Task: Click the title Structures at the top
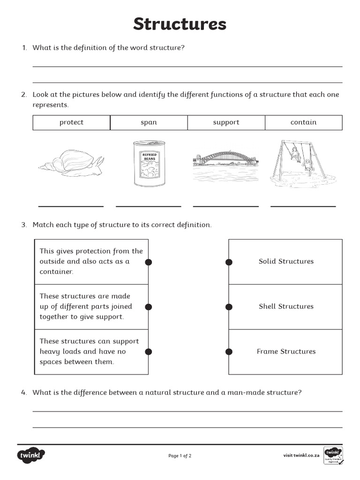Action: coord(180,23)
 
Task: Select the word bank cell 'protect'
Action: coord(71,122)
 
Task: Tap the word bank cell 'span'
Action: coord(149,122)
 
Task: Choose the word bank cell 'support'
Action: coord(226,122)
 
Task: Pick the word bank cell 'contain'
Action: coord(303,122)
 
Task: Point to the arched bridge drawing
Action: coord(226,162)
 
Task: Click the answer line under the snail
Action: coord(71,206)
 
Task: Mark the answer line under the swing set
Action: coord(303,206)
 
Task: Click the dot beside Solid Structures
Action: coord(229,262)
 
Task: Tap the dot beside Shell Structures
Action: coord(229,307)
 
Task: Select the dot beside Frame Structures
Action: coord(229,352)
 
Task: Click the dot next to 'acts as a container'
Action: coord(149,262)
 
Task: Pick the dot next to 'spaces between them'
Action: coord(149,352)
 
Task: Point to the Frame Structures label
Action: coord(286,352)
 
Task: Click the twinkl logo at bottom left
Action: coord(31,455)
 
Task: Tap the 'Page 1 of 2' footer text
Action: coord(180,456)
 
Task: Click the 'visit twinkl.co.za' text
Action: coord(301,455)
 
